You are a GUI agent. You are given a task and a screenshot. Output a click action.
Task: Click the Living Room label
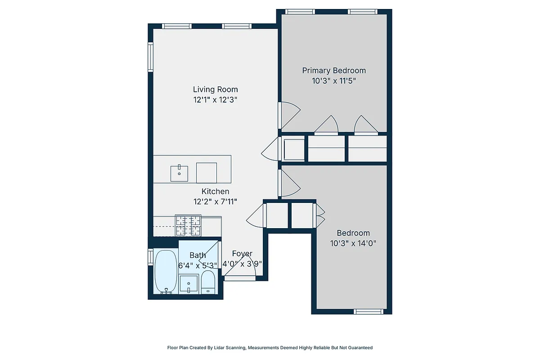215,89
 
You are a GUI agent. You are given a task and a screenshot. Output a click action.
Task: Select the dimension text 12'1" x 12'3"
215,100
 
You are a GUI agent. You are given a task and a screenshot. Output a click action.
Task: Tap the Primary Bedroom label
333,70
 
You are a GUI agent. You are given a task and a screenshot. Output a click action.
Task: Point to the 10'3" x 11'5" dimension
333,81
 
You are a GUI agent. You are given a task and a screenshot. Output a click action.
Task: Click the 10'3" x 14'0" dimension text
353,243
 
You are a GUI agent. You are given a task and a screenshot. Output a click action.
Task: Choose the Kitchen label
215,191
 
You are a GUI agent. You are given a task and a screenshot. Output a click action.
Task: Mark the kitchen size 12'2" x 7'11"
215,202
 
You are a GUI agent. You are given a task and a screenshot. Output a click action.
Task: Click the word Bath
198,255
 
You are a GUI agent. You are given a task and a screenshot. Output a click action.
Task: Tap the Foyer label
242,254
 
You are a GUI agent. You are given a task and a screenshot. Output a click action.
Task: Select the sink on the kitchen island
179,173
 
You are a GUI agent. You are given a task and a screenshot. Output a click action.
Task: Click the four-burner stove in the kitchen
188,225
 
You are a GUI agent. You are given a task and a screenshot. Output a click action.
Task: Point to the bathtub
166,271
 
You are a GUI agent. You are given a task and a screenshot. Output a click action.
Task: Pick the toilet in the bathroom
208,282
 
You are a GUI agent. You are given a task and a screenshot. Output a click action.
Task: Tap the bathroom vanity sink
189,284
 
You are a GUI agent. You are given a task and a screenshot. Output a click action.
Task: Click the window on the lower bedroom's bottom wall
369,311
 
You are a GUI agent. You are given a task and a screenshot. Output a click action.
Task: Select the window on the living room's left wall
151,57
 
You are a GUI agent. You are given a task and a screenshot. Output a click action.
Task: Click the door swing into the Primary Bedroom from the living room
289,115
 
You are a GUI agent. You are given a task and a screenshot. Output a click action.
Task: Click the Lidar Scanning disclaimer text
270,347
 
